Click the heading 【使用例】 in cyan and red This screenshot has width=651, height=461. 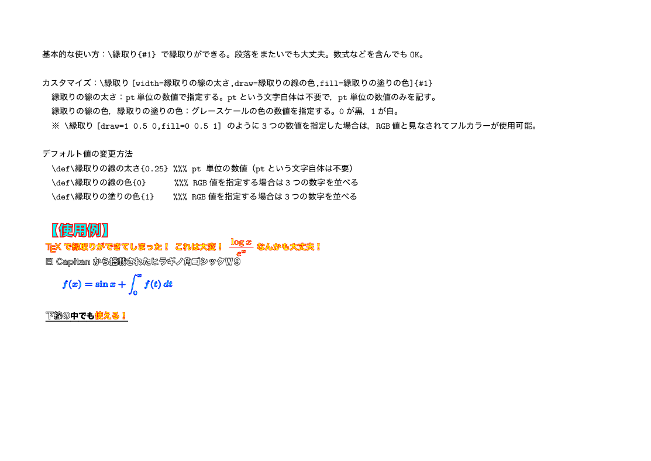pos(80,230)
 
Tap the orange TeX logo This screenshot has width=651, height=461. pos(53,247)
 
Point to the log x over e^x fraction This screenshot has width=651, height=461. pos(241,247)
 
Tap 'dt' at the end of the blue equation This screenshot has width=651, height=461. pos(168,284)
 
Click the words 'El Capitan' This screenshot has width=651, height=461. pos(68,262)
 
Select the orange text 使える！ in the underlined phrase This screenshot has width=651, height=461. pos(111,316)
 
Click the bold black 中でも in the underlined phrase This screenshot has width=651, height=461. pos(82,316)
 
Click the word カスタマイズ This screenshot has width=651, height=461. pos(67,83)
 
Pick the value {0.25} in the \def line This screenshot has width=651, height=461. pos(154,168)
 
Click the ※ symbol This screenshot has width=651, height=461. pos(55,126)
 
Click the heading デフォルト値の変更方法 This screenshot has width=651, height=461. pos(88,154)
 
